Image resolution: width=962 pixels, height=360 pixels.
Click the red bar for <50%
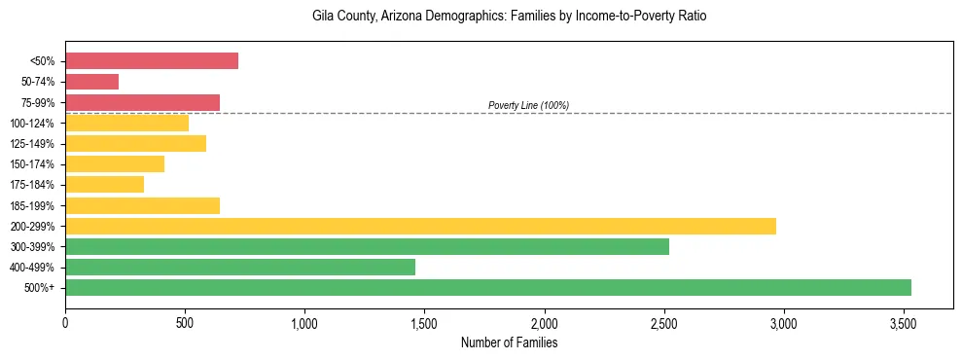pos(152,61)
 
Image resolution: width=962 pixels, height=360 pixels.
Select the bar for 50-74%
pos(91,82)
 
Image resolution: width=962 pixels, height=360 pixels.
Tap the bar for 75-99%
pos(142,102)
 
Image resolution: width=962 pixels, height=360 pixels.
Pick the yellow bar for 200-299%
pos(420,226)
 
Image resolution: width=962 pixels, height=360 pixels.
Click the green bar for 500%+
pos(487,287)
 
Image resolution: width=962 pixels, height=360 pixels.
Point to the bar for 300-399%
pos(367,246)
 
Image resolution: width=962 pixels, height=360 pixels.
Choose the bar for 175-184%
pos(104,185)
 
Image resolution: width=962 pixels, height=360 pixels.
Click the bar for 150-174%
pos(115,164)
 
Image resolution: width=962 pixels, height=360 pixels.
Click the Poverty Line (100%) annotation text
pos(528,105)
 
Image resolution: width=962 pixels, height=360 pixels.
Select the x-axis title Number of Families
pos(509,342)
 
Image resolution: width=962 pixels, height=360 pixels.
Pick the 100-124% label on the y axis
pos(32,124)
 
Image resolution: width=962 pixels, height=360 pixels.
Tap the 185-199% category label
pos(32,205)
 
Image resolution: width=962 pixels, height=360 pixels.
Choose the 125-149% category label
pos(32,144)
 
